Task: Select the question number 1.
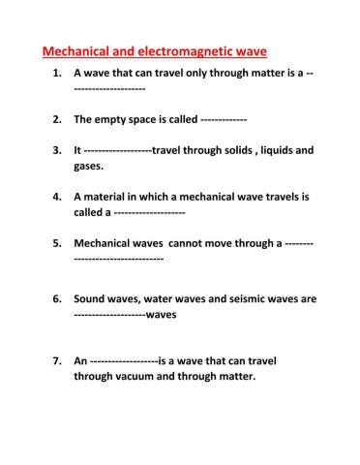point(57,74)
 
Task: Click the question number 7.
point(57,361)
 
